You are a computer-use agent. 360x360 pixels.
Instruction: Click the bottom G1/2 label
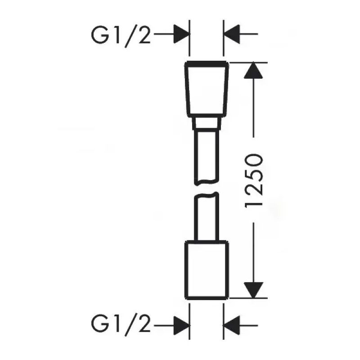tap(121, 323)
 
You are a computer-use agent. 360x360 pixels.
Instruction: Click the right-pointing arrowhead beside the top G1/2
tap(180, 33)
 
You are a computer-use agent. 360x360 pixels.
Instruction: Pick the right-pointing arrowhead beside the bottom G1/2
tap(180, 323)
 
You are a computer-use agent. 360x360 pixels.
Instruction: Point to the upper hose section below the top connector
tap(207, 155)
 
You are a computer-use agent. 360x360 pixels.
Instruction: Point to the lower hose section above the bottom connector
tap(207, 216)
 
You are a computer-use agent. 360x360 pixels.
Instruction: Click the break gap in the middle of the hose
tap(207, 188)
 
